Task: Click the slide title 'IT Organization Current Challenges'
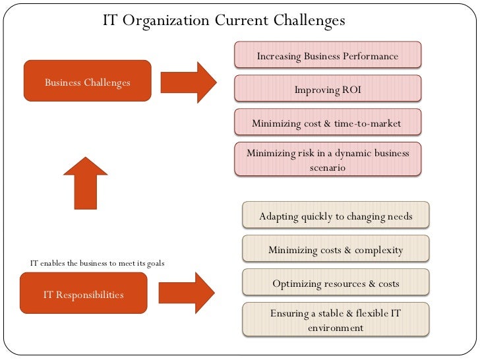tap(224, 21)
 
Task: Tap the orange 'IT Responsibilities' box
tap(83, 293)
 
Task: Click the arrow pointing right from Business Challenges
tap(188, 82)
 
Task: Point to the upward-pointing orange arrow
tap(86, 183)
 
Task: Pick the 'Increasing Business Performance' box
tap(328, 55)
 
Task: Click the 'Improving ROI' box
tap(328, 89)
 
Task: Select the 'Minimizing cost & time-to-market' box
tap(327, 123)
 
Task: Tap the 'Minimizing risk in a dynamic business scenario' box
tap(328, 160)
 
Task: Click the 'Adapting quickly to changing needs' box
tap(336, 216)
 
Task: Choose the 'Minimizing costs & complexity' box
tap(336, 250)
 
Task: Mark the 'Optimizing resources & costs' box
tap(336, 284)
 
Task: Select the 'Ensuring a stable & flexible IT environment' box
tap(336, 320)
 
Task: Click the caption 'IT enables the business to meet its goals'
tap(97, 263)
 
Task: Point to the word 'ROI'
tap(347, 90)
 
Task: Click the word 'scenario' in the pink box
tap(328, 167)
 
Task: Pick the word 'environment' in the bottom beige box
tap(336, 327)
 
